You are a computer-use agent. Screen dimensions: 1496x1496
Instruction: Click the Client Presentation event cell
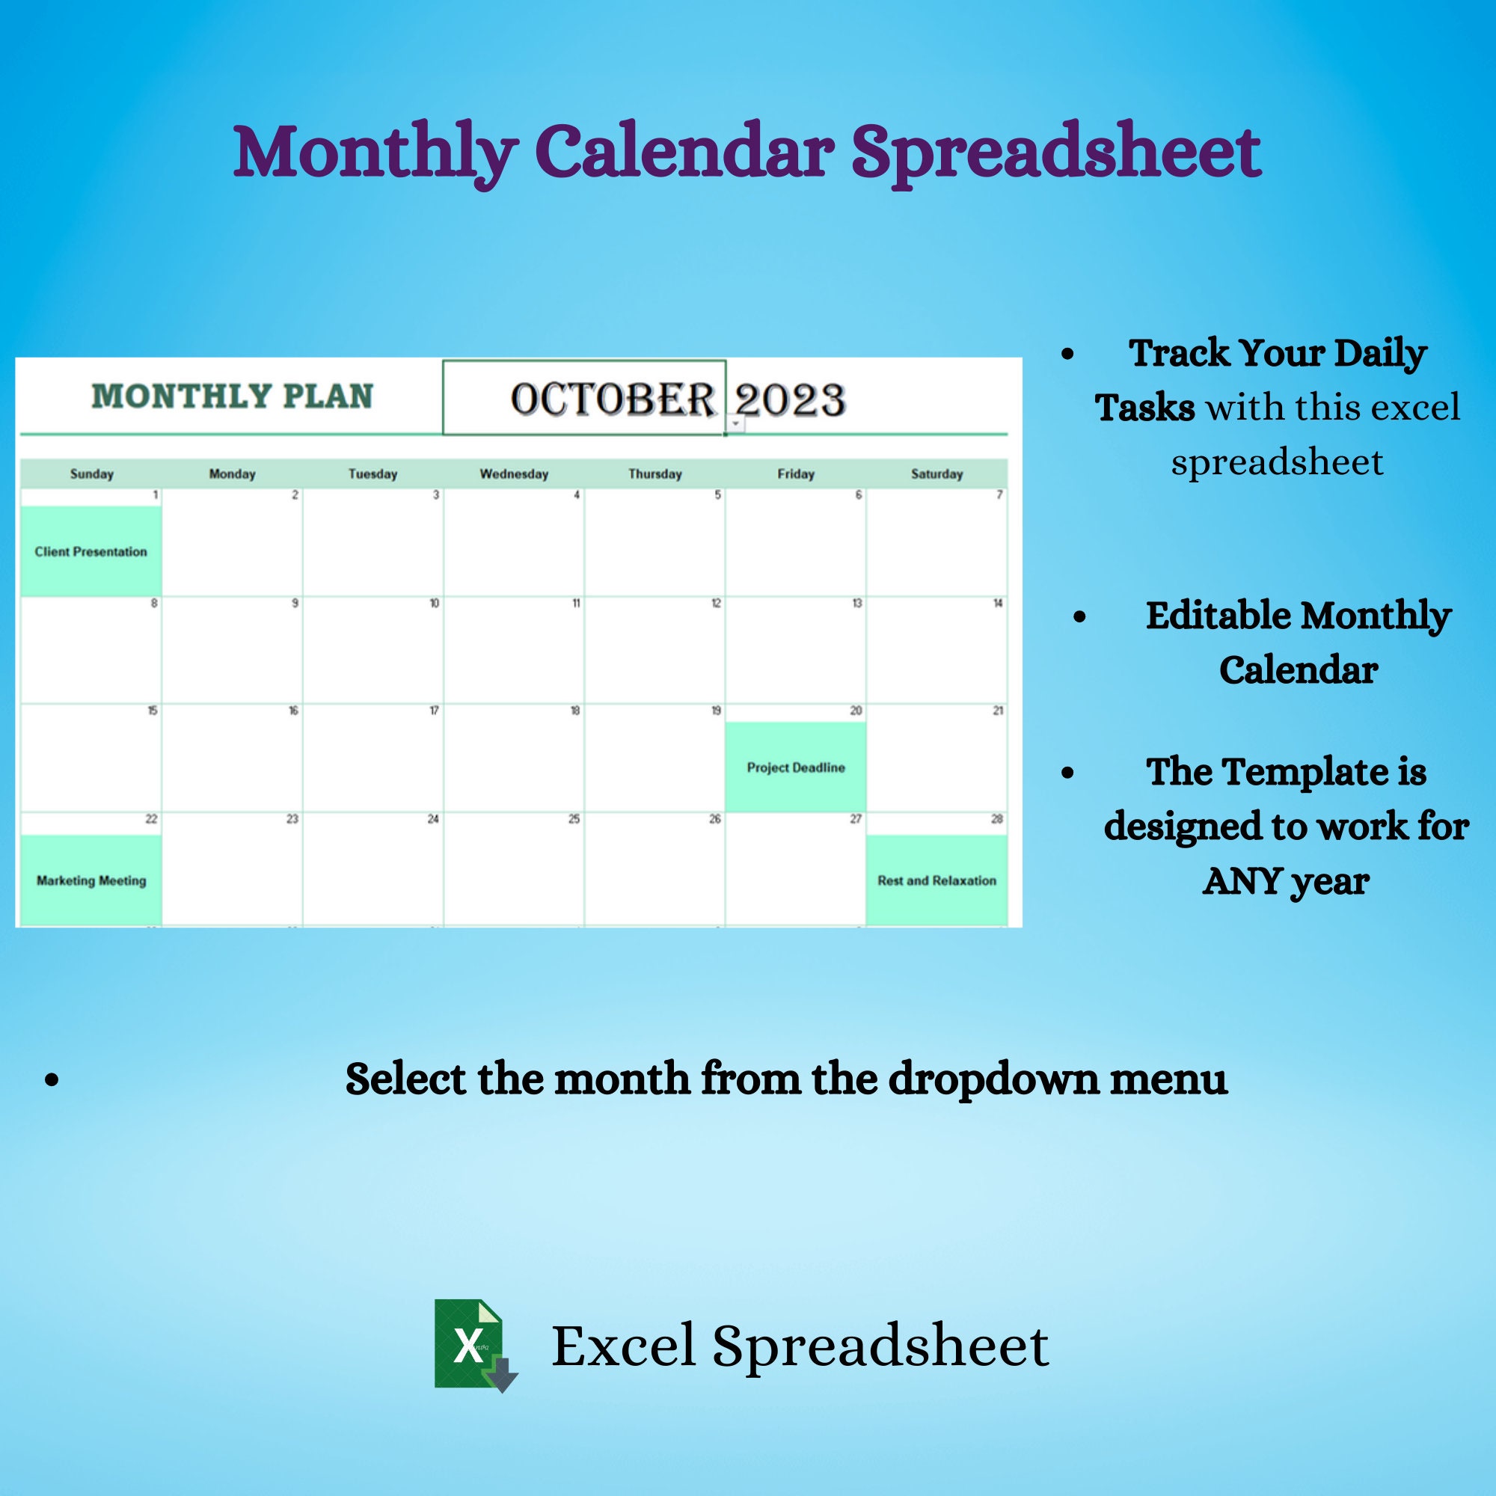click(91, 551)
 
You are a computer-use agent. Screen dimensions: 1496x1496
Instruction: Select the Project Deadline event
click(795, 767)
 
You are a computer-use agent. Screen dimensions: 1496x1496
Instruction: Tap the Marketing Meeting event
click(91, 880)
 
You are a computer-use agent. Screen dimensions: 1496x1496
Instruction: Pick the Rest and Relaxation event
click(936, 880)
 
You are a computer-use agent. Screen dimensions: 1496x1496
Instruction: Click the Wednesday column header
click(513, 474)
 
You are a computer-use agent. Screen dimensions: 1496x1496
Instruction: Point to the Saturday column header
click(936, 474)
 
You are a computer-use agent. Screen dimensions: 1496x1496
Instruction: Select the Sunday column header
click(91, 474)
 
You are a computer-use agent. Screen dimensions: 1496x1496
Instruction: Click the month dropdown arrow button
click(735, 423)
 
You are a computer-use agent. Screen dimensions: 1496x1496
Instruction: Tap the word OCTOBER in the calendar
click(612, 399)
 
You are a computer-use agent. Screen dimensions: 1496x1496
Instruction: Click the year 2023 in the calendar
click(790, 399)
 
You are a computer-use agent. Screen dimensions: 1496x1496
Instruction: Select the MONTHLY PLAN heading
click(233, 396)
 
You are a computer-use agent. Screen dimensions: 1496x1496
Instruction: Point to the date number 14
click(997, 603)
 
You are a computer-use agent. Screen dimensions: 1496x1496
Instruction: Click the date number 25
click(574, 819)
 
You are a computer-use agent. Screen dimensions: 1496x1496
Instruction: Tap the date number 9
click(294, 603)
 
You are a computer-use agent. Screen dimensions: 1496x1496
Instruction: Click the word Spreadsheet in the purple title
click(1056, 152)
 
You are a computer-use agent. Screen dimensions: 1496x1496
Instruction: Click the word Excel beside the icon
click(623, 1346)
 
